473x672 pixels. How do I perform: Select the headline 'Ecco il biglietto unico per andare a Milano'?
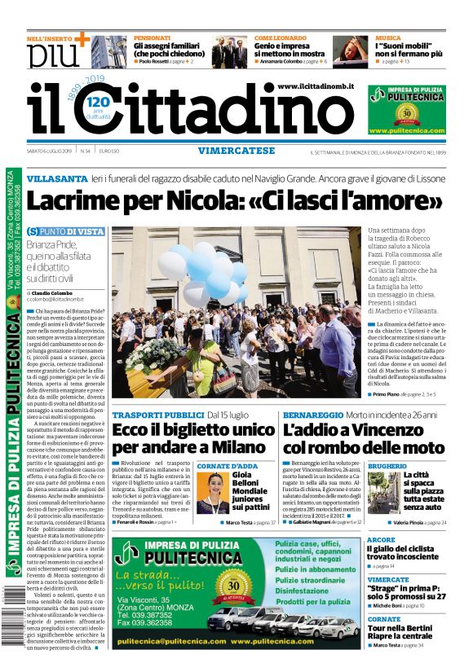(193, 437)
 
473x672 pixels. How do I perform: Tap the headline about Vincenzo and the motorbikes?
(363, 437)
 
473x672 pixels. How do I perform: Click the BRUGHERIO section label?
(387, 466)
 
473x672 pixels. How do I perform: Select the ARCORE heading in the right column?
(382, 540)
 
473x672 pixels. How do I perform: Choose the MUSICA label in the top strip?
(387, 37)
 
